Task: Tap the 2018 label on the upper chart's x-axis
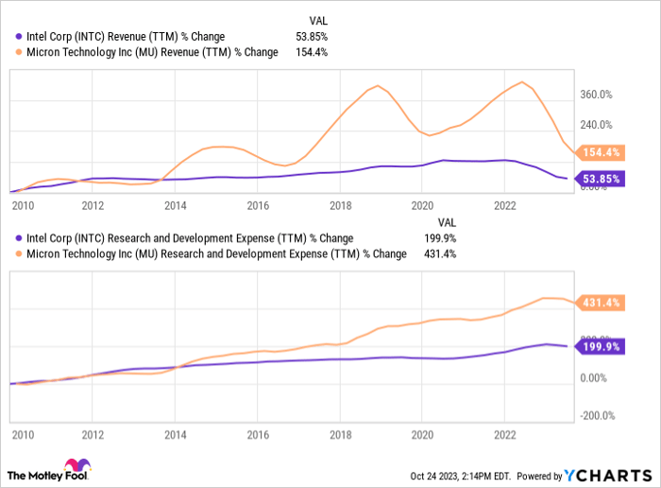click(x=340, y=204)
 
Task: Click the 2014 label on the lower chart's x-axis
click(x=175, y=436)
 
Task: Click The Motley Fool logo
click(x=48, y=472)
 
